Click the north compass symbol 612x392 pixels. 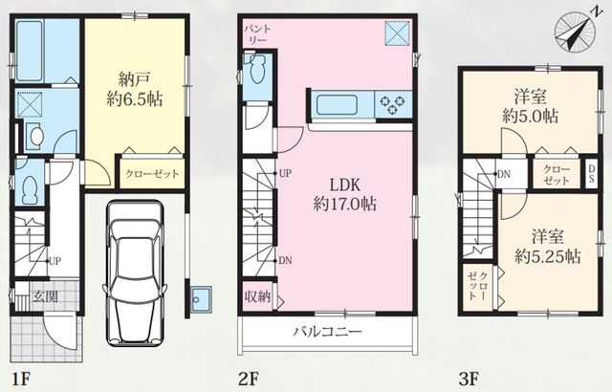576,32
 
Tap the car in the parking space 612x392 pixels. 134,273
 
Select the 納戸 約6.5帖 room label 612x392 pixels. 135,91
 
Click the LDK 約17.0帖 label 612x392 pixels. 344,194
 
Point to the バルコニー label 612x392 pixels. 328,332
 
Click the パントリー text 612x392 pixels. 257,34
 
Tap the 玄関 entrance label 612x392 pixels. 45,296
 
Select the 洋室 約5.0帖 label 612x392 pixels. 530,106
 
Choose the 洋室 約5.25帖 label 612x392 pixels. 547,247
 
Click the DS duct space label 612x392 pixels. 591,174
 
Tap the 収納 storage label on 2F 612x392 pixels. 257,296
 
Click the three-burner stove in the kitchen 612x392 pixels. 393,104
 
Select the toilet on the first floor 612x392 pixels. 29,187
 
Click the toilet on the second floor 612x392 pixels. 256,69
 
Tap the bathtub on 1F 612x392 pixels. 30,51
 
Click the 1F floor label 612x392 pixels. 20,379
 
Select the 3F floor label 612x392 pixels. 469,379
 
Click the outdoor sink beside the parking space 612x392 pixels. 201,299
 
